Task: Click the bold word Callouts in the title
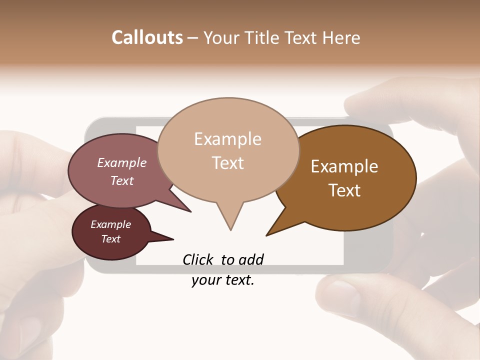pyautogui.click(x=147, y=37)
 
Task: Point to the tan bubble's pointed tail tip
pyautogui.click(x=230, y=229)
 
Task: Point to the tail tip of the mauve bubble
pyautogui.click(x=190, y=211)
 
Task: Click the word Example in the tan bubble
pyautogui.click(x=227, y=139)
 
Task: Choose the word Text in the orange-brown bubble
pyautogui.click(x=344, y=190)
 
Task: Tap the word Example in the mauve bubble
pyautogui.click(x=122, y=162)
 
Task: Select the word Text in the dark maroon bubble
pyautogui.click(x=110, y=239)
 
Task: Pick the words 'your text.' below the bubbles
pyautogui.click(x=223, y=280)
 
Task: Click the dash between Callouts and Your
pyautogui.click(x=193, y=37)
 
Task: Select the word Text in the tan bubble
pyautogui.click(x=228, y=163)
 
